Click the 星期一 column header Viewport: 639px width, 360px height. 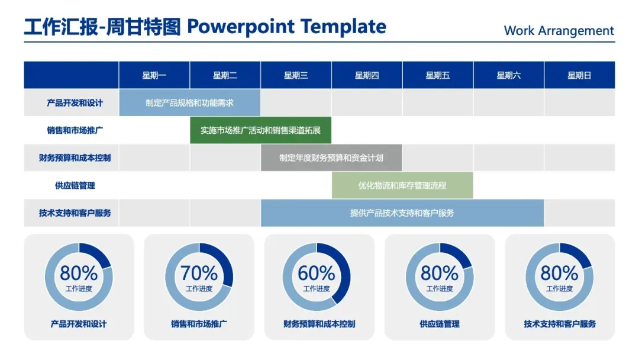click(154, 75)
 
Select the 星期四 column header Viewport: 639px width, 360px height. click(367, 75)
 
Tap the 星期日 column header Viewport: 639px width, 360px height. click(579, 75)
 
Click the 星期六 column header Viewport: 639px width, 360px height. click(509, 75)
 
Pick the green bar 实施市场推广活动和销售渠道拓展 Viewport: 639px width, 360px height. click(260, 130)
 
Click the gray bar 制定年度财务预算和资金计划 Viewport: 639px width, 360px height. click(331, 157)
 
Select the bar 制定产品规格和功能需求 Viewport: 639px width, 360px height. click(189, 103)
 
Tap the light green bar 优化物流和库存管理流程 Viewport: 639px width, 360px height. click(402, 185)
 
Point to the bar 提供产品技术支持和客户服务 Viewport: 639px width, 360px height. click(402, 213)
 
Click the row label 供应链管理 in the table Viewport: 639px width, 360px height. click(75, 185)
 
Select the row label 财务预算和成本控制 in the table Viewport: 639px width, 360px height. click(75, 157)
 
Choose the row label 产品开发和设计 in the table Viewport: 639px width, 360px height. click(75, 103)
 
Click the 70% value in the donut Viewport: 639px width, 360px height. click(199, 273)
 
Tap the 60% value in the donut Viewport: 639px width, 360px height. click(316, 273)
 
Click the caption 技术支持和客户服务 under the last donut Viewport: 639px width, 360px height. click(560, 324)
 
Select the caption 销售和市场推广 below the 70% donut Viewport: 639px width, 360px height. click(199, 324)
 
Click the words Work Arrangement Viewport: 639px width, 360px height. click(559, 31)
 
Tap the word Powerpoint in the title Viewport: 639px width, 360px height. click(240, 27)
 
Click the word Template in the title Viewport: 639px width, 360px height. click(344, 27)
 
